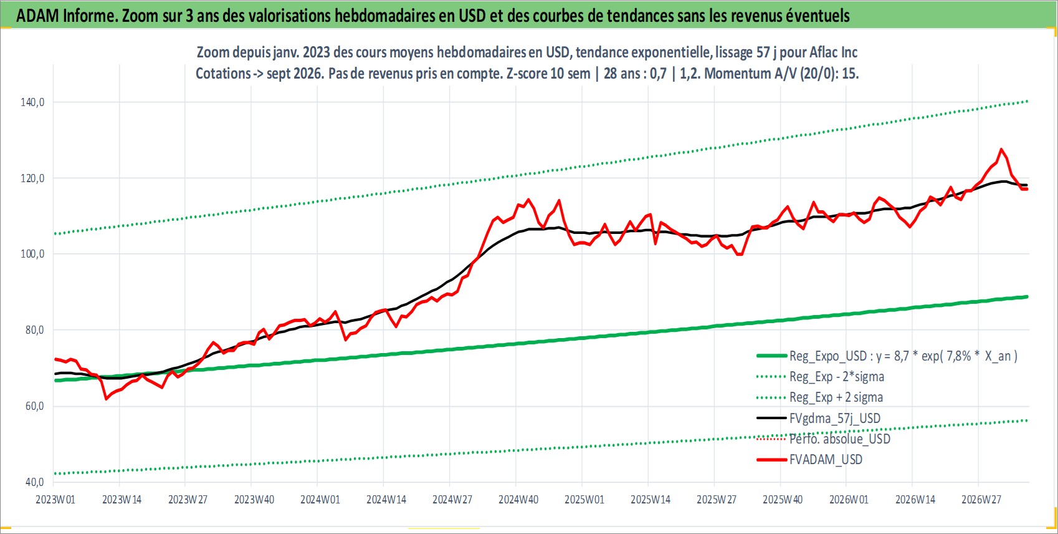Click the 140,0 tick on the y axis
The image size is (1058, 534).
(32, 102)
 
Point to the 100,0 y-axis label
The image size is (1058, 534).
(32, 254)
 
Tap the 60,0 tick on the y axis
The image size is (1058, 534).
(34, 406)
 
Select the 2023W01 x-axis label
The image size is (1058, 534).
(55, 500)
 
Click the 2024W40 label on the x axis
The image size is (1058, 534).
(518, 500)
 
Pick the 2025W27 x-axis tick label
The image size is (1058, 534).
(717, 500)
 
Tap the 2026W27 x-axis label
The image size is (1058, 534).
(981, 500)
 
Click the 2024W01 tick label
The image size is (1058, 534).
(320, 500)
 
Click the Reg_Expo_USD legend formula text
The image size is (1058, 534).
(903, 356)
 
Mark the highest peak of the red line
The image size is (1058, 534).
(1001, 150)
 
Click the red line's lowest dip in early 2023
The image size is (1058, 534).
(107, 399)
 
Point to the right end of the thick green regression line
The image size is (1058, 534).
(1027, 297)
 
